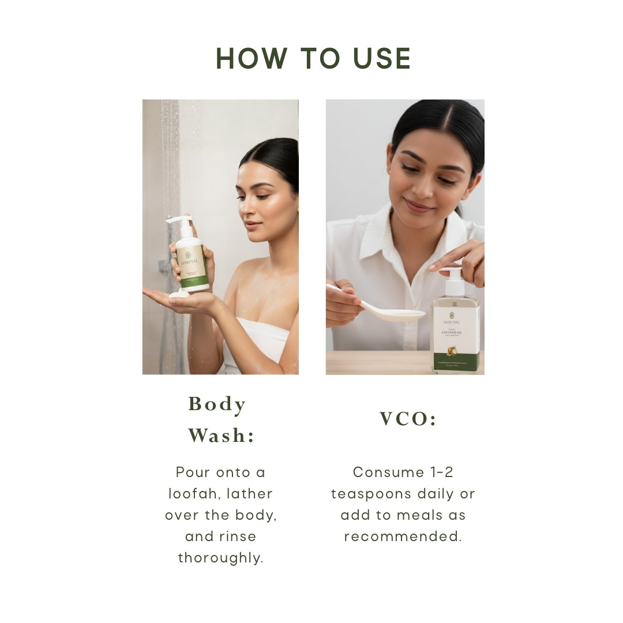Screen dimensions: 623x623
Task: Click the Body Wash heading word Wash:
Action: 221,436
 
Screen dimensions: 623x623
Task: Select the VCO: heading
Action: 408,419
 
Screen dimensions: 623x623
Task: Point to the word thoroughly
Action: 220,558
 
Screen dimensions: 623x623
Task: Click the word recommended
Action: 403,536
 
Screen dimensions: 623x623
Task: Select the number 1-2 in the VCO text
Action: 442,472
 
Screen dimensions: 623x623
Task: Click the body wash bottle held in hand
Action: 192,260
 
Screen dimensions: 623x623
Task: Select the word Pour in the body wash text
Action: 193,472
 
